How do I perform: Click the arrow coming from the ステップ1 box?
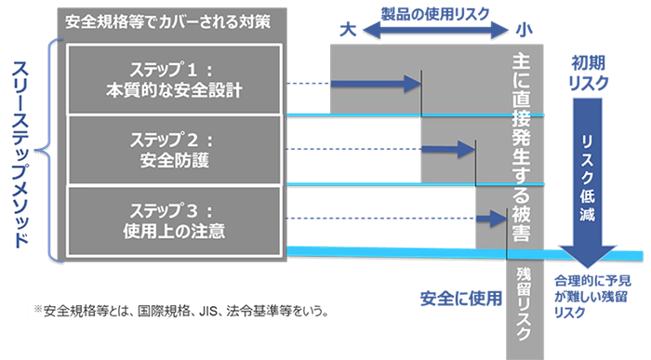point(353,84)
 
